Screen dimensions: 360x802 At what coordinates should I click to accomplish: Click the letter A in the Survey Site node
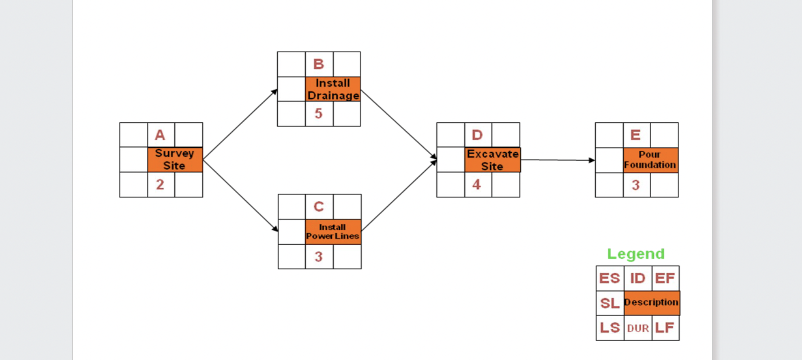click(160, 135)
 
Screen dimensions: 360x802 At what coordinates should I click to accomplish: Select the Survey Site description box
click(175, 160)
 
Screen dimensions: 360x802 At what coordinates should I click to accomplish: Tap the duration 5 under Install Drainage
click(318, 114)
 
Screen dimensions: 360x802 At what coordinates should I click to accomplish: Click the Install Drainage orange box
click(333, 89)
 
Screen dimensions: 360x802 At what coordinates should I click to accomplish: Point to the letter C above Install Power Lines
click(318, 207)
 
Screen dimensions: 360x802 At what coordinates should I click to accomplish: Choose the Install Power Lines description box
click(333, 231)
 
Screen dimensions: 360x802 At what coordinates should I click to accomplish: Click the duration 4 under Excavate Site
click(477, 185)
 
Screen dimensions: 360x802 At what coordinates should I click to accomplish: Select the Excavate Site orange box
click(492, 160)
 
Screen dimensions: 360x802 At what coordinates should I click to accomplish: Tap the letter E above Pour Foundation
click(636, 135)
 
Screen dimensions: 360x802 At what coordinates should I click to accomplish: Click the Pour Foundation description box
click(650, 160)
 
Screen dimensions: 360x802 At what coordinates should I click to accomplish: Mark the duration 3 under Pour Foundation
click(636, 185)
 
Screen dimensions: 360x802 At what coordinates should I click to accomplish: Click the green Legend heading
click(636, 254)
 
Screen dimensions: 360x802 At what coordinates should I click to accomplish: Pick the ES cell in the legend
click(609, 278)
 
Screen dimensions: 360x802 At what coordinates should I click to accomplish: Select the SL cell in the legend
click(609, 303)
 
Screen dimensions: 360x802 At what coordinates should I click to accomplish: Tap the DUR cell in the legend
click(638, 329)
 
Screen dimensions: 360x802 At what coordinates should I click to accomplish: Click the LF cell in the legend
click(665, 328)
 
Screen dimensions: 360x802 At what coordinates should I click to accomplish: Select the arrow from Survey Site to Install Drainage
click(240, 124)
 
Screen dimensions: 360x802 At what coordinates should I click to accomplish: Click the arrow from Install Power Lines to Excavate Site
click(398, 196)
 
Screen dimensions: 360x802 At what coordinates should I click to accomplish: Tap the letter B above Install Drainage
click(318, 64)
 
